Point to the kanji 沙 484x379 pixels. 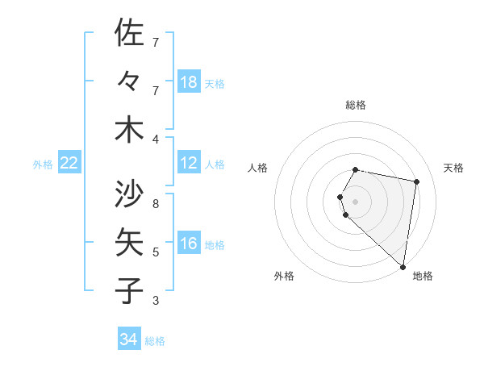pos(129,194)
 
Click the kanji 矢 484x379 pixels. pos(129,242)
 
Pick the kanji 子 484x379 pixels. pos(129,290)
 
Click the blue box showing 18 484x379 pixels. pos(189,82)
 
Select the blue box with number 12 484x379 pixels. pos(189,164)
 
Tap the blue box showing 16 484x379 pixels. pos(189,244)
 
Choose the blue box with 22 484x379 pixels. pos(69,164)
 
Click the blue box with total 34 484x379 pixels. pos(129,339)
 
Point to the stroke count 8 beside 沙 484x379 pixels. pos(156,203)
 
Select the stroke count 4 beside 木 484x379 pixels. pos(156,140)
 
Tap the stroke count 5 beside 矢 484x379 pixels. pos(156,252)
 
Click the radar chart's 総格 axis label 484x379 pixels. pos(356,105)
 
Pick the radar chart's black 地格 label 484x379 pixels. pos(423,276)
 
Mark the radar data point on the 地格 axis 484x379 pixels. pos(402,265)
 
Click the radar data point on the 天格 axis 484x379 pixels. pos(417,181)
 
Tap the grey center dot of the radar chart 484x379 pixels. pos(356,200)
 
